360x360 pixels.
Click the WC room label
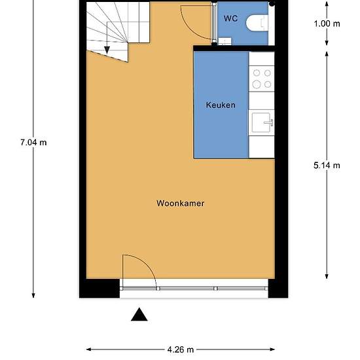coord(230,18)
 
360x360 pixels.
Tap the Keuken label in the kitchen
coord(221,105)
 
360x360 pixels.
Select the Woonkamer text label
coord(180,203)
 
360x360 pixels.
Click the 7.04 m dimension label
coord(33,142)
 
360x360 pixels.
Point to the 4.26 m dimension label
coord(181,350)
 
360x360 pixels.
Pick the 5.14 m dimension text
coord(327,166)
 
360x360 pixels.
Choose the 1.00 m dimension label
coord(327,24)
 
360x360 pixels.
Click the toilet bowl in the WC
coord(257,22)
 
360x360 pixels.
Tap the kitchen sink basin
coord(261,122)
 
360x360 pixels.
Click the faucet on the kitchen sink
coord(269,122)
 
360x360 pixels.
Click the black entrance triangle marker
coord(139,314)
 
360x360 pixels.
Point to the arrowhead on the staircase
coord(107,50)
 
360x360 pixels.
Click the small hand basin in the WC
coord(225,41)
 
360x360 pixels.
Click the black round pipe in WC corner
coord(272,3)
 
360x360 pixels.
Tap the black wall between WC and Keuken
coord(234,48)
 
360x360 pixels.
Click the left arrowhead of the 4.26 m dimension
coord(88,350)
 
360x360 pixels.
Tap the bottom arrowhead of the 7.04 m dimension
coord(33,295)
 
